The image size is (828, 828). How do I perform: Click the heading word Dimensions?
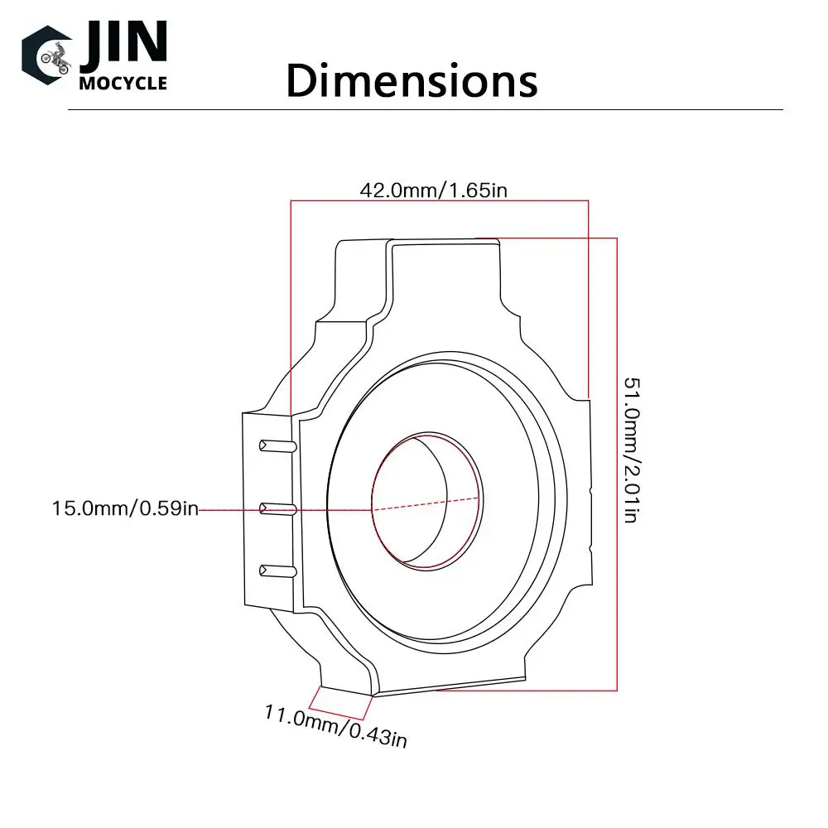(412, 81)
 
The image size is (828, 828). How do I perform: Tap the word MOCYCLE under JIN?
(123, 84)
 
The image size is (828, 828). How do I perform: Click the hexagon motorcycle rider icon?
(47, 55)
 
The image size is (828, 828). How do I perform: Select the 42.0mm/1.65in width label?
(434, 190)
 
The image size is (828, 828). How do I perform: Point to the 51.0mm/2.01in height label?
(631, 450)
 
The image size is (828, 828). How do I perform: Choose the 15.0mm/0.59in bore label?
(125, 508)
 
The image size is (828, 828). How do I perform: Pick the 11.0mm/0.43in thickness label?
(336, 727)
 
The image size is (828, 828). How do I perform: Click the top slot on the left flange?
(277, 446)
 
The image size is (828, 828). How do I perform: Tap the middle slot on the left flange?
(277, 509)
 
